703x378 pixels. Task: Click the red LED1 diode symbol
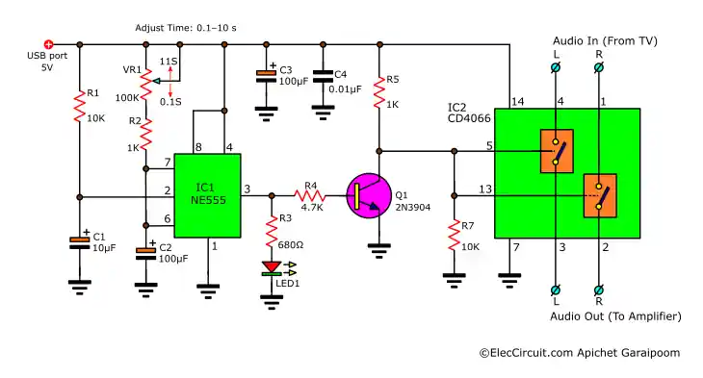273,266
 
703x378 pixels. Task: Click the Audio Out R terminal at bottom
600,289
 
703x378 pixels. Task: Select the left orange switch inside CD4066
556,152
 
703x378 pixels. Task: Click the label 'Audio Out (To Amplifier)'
615,315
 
